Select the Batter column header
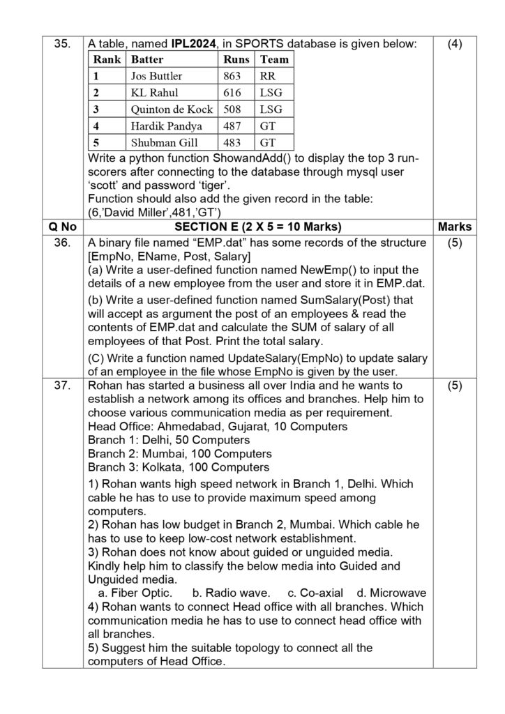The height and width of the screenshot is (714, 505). point(148,59)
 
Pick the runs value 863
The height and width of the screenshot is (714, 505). point(232,76)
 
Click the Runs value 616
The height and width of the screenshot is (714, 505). point(232,93)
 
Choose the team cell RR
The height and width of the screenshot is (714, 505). point(268,76)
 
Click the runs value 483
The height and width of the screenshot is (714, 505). point(232,143)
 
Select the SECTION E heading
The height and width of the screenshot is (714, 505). point(255,227)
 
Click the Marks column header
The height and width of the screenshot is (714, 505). point(455,227)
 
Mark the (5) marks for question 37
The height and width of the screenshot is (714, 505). point(455,385)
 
